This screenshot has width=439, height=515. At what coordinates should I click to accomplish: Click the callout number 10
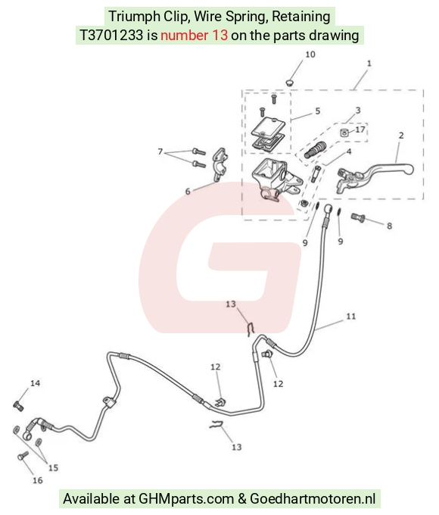pyautogui.click(x=310, y=55)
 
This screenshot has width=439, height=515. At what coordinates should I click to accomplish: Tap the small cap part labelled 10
pyautogui.click(x=289, y=82)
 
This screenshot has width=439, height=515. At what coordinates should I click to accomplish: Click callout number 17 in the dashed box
pyautogui.click(x=360, y=130)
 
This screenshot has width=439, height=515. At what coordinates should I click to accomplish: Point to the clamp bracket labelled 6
pyautogui.click(x=220, y=164)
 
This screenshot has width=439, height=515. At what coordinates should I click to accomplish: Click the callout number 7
pyautogui.click(x=160, y=151)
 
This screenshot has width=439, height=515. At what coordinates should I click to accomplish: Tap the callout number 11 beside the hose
pyautogui.click(x=351, y=316)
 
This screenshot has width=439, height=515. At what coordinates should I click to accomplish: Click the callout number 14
pyautogui.click(x=35, y=383)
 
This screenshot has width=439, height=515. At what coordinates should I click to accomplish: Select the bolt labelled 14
pyautogui.click(x=18, y=406)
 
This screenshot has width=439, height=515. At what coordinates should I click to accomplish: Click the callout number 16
pyautogui.click(x=37, y=480)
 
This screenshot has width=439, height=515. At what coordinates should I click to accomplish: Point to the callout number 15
pyautogui.click(x=53, y=467)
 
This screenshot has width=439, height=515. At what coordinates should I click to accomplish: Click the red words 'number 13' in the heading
pyautogui.click(x=194, y=35)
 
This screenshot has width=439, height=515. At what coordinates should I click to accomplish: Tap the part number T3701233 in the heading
pyautogui.click(x=111, y=35)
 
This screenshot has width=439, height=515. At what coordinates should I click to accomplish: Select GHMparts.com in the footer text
pyautogui.click(x=186, y=498)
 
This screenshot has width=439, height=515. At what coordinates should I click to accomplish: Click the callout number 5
pyautogui.click(x=317, y=111)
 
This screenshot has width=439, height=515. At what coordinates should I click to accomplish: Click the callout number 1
pyautogui.click(x=369, y=63)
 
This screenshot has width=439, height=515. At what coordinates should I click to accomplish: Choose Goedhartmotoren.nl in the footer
pyautogui.click(x=313, y=498)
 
